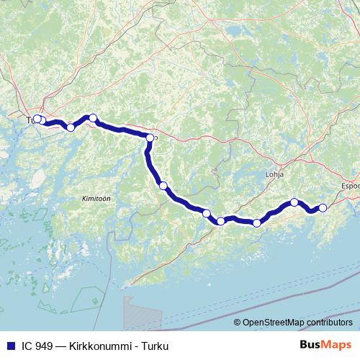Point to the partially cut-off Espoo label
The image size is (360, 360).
click(350, 185)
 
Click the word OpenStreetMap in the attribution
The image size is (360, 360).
click(275, 322)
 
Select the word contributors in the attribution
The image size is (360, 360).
click(330, 322)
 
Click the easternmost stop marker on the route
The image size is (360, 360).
click(323, 207)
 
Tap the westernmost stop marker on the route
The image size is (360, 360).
click(37, 119)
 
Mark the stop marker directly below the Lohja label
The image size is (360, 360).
click(294, 202)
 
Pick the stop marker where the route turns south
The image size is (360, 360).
click(150, 138)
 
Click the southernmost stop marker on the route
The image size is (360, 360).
click(257, 222)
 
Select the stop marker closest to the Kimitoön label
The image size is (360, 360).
click(163, 186)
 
